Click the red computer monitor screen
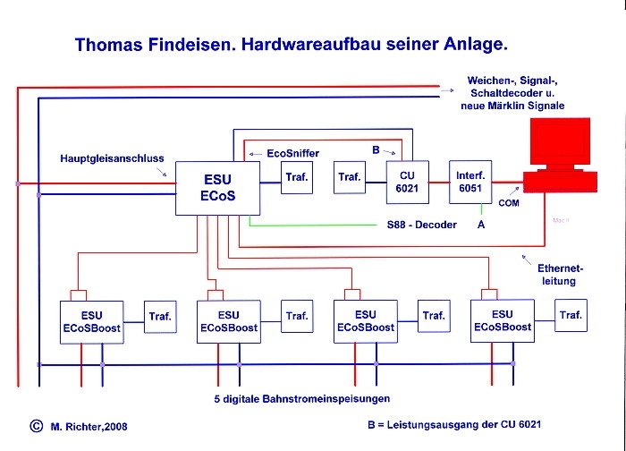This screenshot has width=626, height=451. click(x=560, y=141)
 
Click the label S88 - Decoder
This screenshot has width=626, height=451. click(x=421, y=225)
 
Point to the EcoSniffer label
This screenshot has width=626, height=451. click(x=293, y=153)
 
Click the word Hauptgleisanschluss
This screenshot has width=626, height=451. click(x=112, y=158)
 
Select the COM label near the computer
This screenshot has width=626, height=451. click(x=509, y=203)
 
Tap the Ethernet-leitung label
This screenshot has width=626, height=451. click(x=560, y=275)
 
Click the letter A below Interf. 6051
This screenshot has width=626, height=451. click(x=481, y=225)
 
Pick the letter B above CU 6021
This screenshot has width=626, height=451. click(x=376, y=149)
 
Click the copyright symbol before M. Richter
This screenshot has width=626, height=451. click(x=37, y=426)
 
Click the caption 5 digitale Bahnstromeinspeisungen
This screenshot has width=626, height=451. click(x=302, y=399)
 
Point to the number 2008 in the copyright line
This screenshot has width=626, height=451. click(x=115, y=427)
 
